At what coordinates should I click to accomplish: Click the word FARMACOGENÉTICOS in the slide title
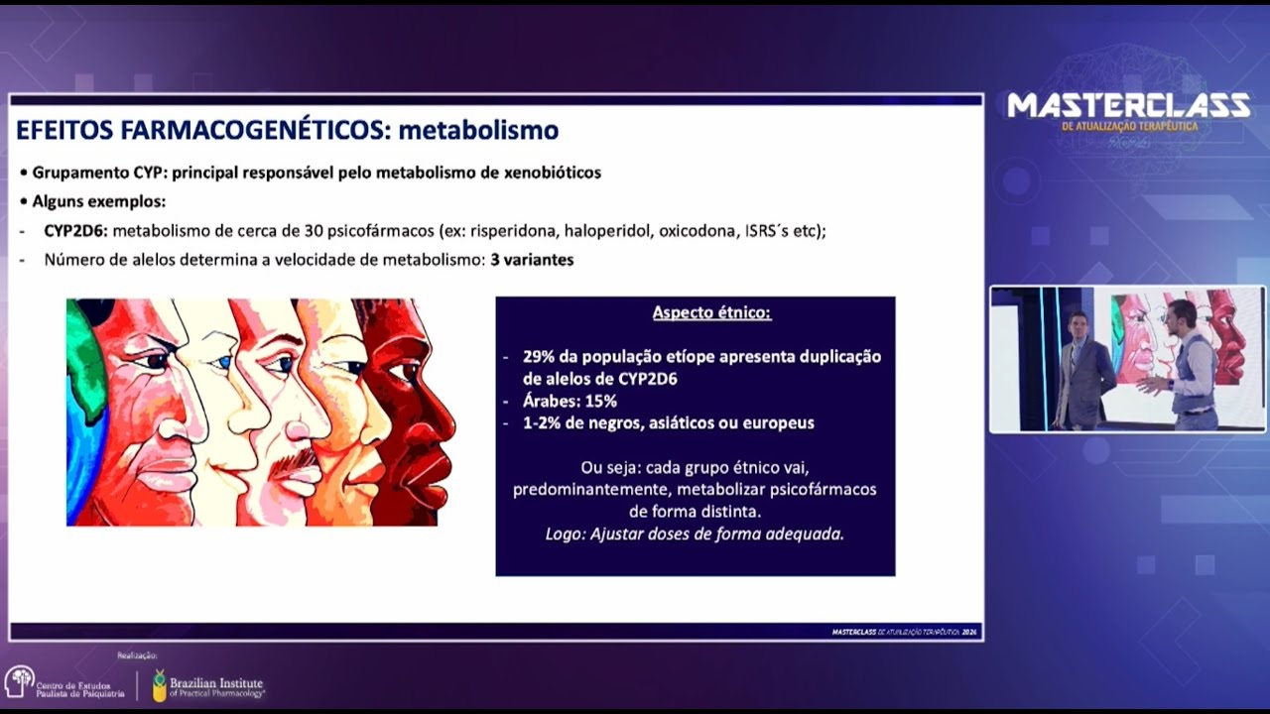point(270,130)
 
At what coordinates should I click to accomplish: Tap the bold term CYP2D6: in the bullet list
point(76,231)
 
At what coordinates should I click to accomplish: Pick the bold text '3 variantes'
point(532,260)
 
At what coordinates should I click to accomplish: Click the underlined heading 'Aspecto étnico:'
point(711,313)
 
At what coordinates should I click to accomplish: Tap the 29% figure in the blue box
point(540,357)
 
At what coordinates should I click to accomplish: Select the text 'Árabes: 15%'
point(570,402)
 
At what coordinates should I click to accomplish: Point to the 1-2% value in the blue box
point(542,423)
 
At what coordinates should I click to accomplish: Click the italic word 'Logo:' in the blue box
point(565,534)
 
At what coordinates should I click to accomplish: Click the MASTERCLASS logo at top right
point(1128,107)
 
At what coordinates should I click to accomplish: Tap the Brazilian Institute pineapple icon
point(159,684)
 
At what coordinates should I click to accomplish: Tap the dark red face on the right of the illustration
point(412,416)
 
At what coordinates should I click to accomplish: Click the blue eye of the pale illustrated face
point(223,363)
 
